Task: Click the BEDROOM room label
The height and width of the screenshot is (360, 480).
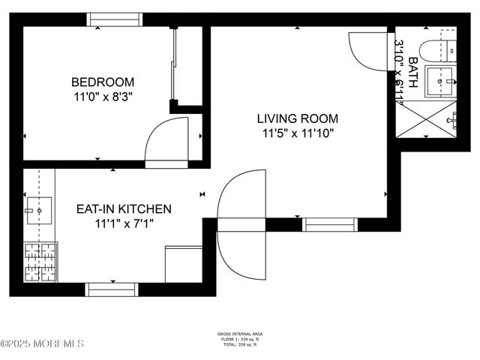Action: pos(103,82)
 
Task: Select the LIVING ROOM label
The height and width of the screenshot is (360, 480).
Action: pos(297,118)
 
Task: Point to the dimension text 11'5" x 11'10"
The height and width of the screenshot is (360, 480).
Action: pos(297,133)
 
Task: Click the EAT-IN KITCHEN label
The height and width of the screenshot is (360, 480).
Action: pos(124,209)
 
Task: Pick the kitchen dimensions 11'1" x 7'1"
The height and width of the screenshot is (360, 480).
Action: pos(124,223)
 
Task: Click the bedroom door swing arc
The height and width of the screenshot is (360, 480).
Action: pos(163,142)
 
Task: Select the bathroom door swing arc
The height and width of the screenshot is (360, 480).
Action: pos(367,51)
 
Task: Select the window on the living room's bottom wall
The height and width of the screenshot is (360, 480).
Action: pos(328,223)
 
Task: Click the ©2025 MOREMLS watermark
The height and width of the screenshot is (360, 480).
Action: pos(42,343)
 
